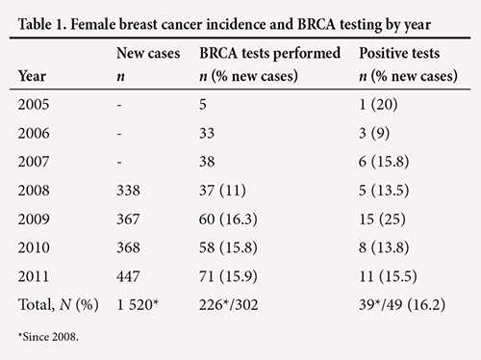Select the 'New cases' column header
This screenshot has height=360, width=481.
148,53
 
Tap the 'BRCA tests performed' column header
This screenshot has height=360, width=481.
269,53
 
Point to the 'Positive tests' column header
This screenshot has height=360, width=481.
399,53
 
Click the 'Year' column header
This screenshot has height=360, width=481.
32,76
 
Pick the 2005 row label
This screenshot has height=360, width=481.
34,104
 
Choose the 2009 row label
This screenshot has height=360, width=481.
34,219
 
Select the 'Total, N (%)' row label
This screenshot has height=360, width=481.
59,304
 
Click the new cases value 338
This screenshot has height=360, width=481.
128,191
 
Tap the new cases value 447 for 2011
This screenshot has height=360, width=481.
128,276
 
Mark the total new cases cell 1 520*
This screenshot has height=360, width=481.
138,304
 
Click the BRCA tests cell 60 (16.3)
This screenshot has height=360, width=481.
228,219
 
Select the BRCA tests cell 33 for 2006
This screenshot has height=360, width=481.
207,133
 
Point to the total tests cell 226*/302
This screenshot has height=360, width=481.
228,304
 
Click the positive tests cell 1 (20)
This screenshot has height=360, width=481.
378,104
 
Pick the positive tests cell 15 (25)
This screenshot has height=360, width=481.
382,219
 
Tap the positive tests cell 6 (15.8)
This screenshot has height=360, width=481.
384,162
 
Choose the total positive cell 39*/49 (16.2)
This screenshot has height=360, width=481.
402,304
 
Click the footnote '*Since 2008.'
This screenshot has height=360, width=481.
48,337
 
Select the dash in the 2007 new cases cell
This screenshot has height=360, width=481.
119,163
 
